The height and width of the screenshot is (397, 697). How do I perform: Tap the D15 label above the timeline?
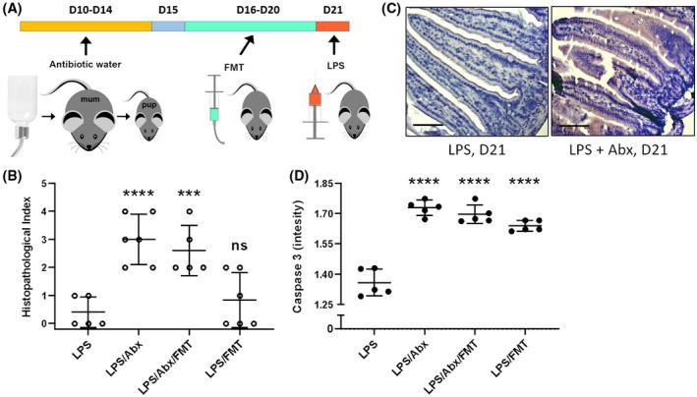point(166,10)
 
